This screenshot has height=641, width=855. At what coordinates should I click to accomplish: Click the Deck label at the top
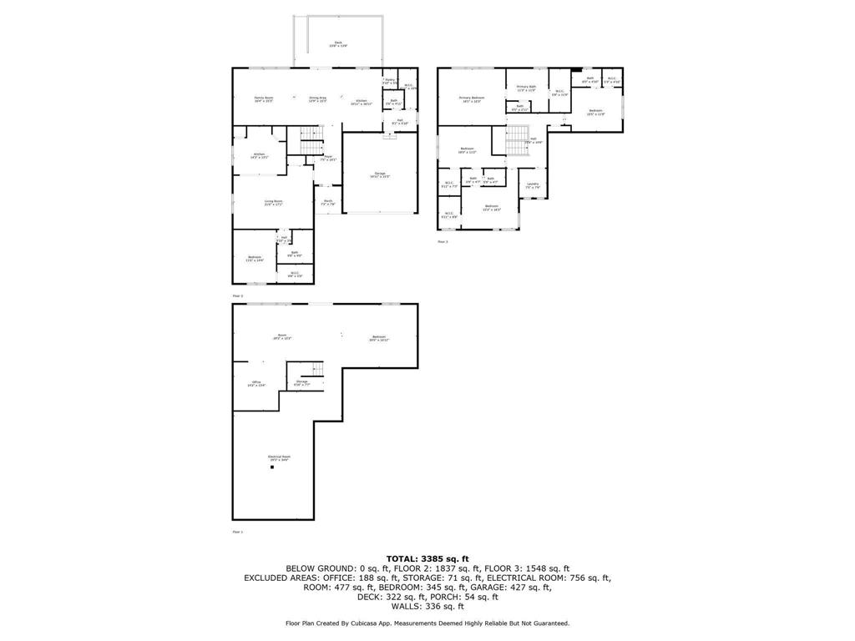pyautogui.click(x=338, y=44)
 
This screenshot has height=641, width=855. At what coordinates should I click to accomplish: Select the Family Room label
pyautogui.click(x=264, y=99)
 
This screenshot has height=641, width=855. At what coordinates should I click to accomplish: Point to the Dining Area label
pyautogui.click(x=317, y=99)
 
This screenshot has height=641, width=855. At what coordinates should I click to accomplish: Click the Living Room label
pyautogui.click(x=273, y=203)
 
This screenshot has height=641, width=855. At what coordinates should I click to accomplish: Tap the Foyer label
pyautogui.click(x=329, y=158)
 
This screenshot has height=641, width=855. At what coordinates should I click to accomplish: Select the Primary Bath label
pyautogui.click(x=526, y=88)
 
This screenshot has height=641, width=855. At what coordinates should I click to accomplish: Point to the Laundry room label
pyautogui.click(x=532, y=185)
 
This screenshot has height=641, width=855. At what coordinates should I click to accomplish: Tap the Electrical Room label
pyautogui.click(x=279, y=457)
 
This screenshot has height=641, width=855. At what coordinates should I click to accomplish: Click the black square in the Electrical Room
pyautogui.click(x=271, y=468)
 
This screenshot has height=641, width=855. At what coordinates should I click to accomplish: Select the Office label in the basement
pyautogui.click(x=256, y=383)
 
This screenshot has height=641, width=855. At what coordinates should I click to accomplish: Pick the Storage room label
pyautogui.click(x=301, y=383)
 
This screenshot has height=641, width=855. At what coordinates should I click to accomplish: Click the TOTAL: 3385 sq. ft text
pyautogui.click(x=427, y=558)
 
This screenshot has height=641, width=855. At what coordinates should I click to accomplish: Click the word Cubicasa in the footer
pyautogui.click(x=366, y=623)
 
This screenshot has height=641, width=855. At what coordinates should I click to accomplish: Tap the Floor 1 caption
pyautogui.click(x=237, y=532)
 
